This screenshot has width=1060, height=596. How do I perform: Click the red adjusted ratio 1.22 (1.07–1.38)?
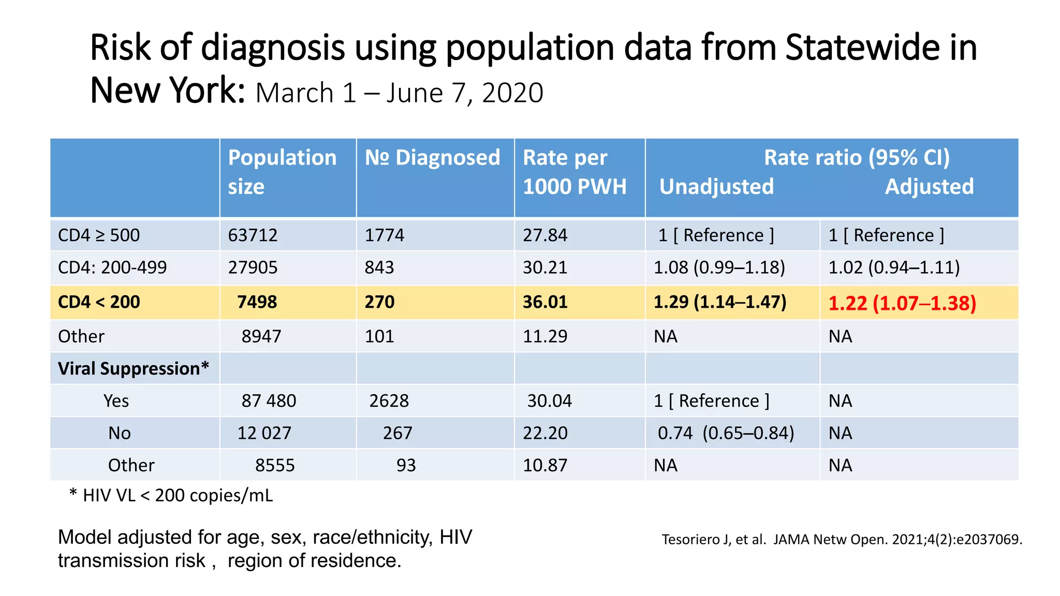pyautogui.click(x=902, y=303)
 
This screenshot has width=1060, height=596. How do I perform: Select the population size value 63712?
pyautogui.click(x=253, y=235)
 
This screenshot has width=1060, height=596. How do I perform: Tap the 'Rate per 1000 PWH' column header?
pyautogui.click(x=574, y=172)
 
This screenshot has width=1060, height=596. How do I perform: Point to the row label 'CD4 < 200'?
pyautogui.click(x=99, y=302)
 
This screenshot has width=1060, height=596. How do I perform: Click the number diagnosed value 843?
pyautogui.click(x=379, y=267)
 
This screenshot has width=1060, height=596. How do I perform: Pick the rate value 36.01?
pyautogui.click(x=544, y=302)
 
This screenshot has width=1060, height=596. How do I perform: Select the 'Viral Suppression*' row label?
pyautogui.click(x=133, y=368)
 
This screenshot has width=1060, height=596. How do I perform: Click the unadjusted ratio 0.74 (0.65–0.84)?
pyautogui.click(x=725, y=433)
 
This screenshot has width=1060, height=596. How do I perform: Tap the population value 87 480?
pyautogui.click(x=269, y=401)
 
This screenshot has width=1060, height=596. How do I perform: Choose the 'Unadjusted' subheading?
pyautogui.click(x=716, y=187)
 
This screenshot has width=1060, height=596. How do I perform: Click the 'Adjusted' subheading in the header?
pyautogui.click(x=929, y=187)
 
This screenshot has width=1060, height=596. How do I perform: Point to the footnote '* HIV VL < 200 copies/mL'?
pyautogui.click(x=171, y=495)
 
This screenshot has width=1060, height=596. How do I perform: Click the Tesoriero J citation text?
pyautogui.click(x=842, y=540)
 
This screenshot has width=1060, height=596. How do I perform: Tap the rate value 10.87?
pyautogui.click(x=544, y=465)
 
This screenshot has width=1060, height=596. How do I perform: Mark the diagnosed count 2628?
pyautogui.click(x=389, y=401)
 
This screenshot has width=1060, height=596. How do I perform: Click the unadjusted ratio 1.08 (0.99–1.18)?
pyautogui.click(x=719, y=267)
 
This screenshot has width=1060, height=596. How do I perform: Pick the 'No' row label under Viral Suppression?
pyautogui.click(x=119, y=433)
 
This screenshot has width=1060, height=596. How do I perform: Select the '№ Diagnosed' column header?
pyautogui.click(x=432, y=158)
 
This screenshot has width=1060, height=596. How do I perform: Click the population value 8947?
pyautogui.click(x=261, y=336)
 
